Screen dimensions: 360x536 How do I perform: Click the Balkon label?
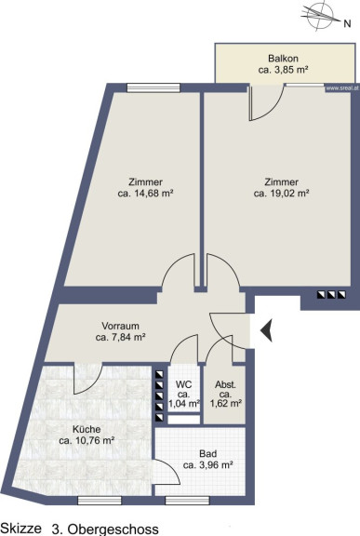[283, 58]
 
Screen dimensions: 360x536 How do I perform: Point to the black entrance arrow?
[266, 330]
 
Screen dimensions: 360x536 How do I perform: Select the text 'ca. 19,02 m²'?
[282, 194]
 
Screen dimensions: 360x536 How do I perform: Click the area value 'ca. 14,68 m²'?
[145, 194]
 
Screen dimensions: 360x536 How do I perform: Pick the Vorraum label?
[120, 326]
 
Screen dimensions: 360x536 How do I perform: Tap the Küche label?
[87, 429]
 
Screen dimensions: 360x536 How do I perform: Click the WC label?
[184, 384]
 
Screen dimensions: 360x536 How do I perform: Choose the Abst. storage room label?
[225, 384]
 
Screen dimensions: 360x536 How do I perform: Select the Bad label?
[208, 454]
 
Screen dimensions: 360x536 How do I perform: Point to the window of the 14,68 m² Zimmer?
[153, 87]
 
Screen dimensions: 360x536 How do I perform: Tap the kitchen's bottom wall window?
[100, 501]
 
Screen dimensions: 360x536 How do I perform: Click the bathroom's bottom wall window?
[187, 501]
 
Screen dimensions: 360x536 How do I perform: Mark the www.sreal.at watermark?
[342, 88]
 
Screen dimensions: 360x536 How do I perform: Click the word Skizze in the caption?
[21, 528]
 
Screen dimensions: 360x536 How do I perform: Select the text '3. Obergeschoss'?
[105, 529]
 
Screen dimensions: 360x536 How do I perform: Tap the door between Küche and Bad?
[167, 472]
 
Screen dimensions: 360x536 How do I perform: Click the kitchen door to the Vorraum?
[87, 379]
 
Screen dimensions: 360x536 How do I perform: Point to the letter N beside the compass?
[347, 23]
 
